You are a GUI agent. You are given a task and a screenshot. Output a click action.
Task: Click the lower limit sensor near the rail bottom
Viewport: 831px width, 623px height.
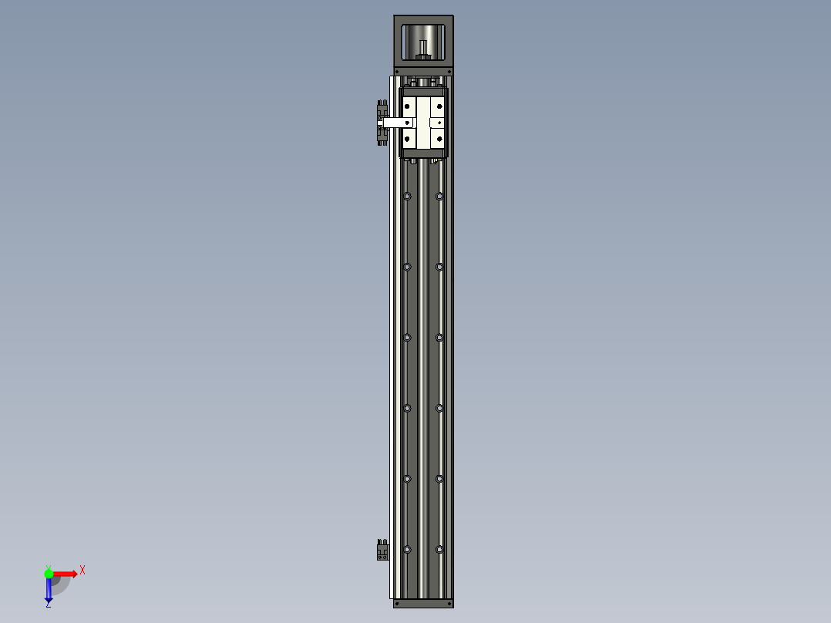point(382,551)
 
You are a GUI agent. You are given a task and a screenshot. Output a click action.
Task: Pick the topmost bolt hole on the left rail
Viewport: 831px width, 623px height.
point(407,197)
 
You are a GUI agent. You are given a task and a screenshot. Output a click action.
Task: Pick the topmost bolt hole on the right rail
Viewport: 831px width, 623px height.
point(439,197)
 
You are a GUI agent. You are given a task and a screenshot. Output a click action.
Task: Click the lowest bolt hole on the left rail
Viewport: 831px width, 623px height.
point(407,550)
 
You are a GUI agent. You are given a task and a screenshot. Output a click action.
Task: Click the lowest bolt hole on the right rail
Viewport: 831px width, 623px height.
point(439,550)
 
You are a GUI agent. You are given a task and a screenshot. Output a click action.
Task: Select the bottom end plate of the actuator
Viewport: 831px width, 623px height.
point(423,603)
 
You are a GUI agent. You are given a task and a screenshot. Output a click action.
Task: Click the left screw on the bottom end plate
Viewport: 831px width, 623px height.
point(397,604)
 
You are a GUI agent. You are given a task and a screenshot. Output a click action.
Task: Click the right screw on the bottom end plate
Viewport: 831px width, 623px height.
point(449,604)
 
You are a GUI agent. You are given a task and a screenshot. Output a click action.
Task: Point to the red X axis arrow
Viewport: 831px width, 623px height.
point(66,573)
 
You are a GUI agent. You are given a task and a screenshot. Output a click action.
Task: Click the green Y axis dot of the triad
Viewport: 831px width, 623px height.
point(49,573)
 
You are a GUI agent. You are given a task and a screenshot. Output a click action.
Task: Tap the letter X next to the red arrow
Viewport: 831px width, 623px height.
point(82,571)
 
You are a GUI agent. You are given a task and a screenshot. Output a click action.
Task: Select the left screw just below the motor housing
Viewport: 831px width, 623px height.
point(397,71)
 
